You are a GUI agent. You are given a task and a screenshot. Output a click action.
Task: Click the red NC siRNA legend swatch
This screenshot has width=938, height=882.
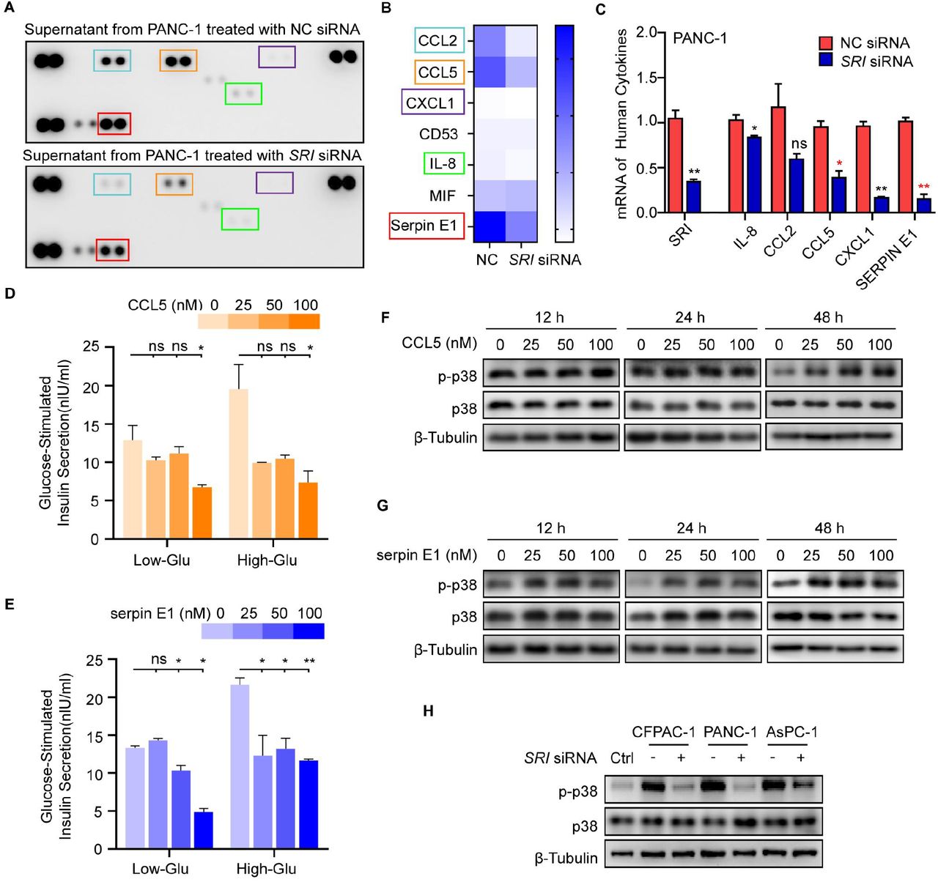tap(826, 43)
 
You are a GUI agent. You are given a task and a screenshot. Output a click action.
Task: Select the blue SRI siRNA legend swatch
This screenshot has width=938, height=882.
tap(826, 61)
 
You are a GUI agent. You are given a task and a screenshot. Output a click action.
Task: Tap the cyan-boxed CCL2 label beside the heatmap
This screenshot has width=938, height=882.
tap(438, 41)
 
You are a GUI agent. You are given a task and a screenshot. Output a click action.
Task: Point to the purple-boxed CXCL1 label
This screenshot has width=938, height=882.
tap(433, 103)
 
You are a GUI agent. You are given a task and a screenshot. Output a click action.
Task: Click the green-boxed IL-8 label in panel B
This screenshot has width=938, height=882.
tap(444, 163)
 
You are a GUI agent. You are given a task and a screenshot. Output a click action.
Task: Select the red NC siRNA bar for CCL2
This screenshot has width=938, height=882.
tap(778, 160)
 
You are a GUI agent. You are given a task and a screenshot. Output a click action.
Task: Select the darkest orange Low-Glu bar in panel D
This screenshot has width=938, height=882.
tap(202, 513)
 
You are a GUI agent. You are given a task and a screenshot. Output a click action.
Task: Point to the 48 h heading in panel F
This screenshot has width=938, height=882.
tap(827, 317)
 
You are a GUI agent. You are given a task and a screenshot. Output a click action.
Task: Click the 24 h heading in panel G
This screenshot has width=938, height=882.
tap(690, 528)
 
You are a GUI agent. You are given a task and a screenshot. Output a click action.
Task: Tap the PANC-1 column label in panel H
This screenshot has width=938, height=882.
tap(730, 732)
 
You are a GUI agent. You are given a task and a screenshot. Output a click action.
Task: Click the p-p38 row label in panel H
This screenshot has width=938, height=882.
tap(578, 791)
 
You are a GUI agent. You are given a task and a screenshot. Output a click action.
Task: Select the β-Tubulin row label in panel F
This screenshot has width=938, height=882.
tap(446, 437)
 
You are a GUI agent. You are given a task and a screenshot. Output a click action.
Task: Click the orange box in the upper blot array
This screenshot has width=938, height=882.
tap(178, 60)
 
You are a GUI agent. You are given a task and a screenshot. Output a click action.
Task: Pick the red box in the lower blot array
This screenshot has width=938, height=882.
tap(113, 251)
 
